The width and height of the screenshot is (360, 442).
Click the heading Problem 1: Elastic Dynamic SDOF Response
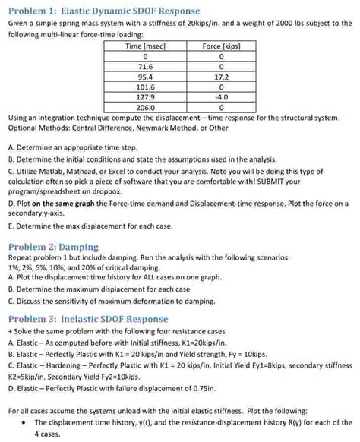(103, 11)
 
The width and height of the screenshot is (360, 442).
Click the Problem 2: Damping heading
(53, 247)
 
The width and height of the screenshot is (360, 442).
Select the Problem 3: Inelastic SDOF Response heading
(87, 319)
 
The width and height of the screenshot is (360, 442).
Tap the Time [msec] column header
(144, 46)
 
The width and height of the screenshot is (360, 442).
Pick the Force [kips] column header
(221, 46)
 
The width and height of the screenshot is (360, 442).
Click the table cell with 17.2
(221, 77)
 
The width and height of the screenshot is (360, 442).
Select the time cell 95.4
(144, 77)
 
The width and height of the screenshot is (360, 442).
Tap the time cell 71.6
(144, 67)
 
